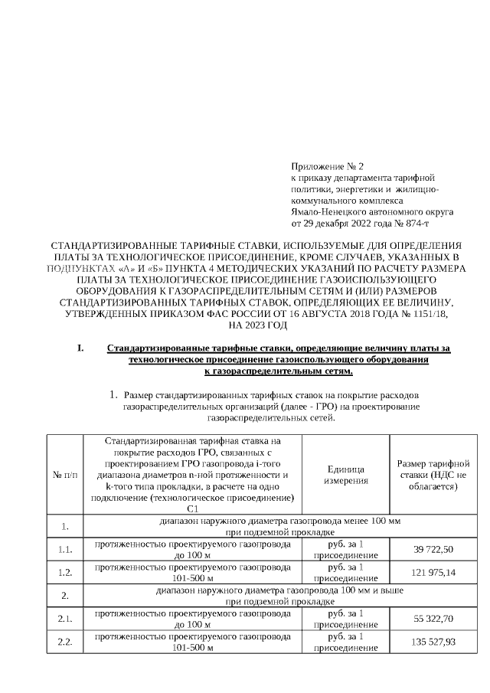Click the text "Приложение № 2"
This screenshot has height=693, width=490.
pyautogui.click(x=328, y=166)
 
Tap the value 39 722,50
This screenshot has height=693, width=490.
pyautogui.click(x=434, y=549)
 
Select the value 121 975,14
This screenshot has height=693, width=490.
pyautogui.click(x=434, y=573)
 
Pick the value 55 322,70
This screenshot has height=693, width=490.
pyautogui.click(x=434, y=617)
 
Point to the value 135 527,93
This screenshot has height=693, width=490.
pyautogui.click(x=434, y=641)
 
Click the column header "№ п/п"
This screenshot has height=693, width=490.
pyautogui.click(x=65, y=475)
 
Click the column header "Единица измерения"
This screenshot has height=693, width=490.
pyautogui.click(x=345, y=475)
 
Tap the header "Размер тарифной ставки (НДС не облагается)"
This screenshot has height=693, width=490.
pyautogui.click(x=434, y=475)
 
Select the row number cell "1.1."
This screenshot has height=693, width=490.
pyautogui.click(x=65, y=549)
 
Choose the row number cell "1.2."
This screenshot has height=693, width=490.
pyautogui.click(x=65, y=573)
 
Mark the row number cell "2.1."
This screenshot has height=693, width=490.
pyautogui.click(x=65, y=617)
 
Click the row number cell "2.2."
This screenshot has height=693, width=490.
pyautogui.click(x=65, y=641)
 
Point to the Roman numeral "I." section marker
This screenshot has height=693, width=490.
pyautogui.click(x=80, y=348)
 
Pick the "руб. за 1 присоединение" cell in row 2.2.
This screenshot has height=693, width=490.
pyautogui.click(x=345, y=641)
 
